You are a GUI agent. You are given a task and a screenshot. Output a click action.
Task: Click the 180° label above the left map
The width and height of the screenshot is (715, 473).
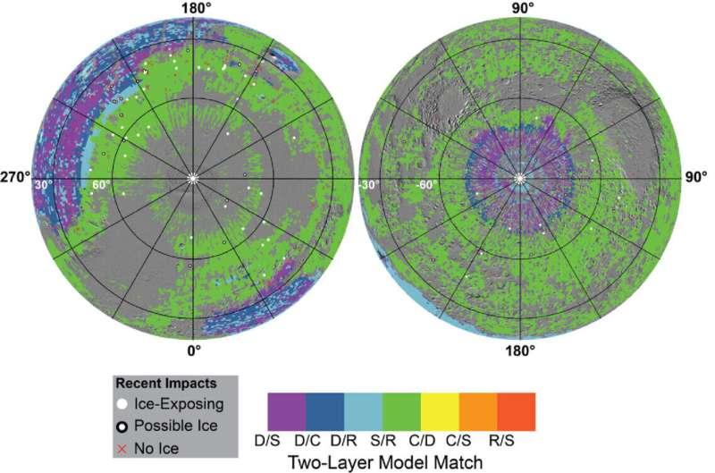[x=194, y=8]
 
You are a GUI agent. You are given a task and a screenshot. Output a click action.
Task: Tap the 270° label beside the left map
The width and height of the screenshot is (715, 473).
[x=16, y=177]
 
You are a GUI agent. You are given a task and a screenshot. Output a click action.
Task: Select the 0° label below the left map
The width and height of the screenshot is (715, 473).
[x=194, y=351]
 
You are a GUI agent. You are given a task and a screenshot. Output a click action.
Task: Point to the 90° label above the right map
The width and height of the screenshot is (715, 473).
[x=520, y=8]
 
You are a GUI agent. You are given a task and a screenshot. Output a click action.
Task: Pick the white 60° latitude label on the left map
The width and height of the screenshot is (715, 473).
[x=101, y=185]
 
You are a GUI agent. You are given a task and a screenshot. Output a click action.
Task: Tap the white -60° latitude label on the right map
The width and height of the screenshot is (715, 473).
[x=427, y=185]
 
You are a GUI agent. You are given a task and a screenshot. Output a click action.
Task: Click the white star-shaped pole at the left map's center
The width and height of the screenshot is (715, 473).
[x=192, y=178]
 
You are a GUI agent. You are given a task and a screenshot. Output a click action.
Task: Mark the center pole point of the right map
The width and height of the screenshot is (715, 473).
[x=519, y=178]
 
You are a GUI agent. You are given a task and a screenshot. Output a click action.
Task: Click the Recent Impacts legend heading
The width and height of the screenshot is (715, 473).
[x=166, y=384]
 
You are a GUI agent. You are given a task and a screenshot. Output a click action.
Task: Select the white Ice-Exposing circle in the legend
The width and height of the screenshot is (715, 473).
[x=122, y=404]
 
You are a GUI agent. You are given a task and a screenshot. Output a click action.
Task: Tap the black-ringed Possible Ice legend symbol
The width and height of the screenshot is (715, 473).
[x=122, y=427]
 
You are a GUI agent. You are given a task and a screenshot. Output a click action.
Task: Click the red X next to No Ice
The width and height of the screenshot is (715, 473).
[x=122, y=449]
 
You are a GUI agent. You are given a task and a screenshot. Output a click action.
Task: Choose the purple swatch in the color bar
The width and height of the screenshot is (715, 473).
[x=287, y=412]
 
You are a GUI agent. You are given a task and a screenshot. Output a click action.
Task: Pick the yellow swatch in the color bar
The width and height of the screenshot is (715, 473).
[x=440, y=412]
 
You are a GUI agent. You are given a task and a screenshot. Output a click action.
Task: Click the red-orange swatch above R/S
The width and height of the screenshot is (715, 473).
[x=517, y=412]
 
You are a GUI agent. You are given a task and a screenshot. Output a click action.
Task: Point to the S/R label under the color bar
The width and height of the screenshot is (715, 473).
[x=383, y=441]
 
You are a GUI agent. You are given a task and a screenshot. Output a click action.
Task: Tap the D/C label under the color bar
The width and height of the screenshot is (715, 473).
[x=307, y=441]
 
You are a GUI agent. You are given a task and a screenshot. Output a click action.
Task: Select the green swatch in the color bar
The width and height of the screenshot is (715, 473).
[x=401, y=412]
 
